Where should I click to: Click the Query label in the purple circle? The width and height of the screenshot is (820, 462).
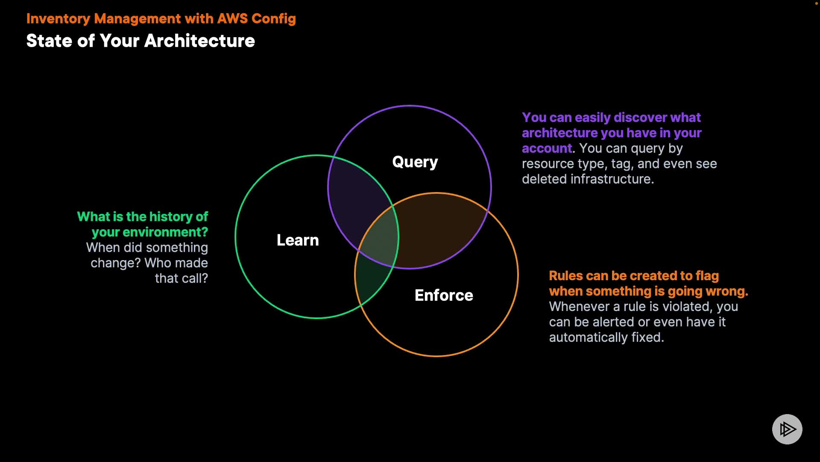click(415, 162)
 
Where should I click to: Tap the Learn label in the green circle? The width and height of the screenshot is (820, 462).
click(298, 240)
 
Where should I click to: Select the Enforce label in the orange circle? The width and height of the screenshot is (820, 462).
click(444, 296)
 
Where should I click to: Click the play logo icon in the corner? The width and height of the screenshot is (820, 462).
click(787, 429)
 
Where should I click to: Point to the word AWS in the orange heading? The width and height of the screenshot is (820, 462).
click(232, 19)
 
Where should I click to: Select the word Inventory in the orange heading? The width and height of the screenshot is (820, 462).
click(58, 19)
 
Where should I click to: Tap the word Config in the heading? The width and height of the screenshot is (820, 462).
click(273, 19)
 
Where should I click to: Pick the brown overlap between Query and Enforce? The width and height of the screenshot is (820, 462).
click(440, 231)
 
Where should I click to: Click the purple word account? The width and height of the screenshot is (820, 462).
click(547, 148)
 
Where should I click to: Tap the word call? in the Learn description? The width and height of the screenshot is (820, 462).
click(195, 278)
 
